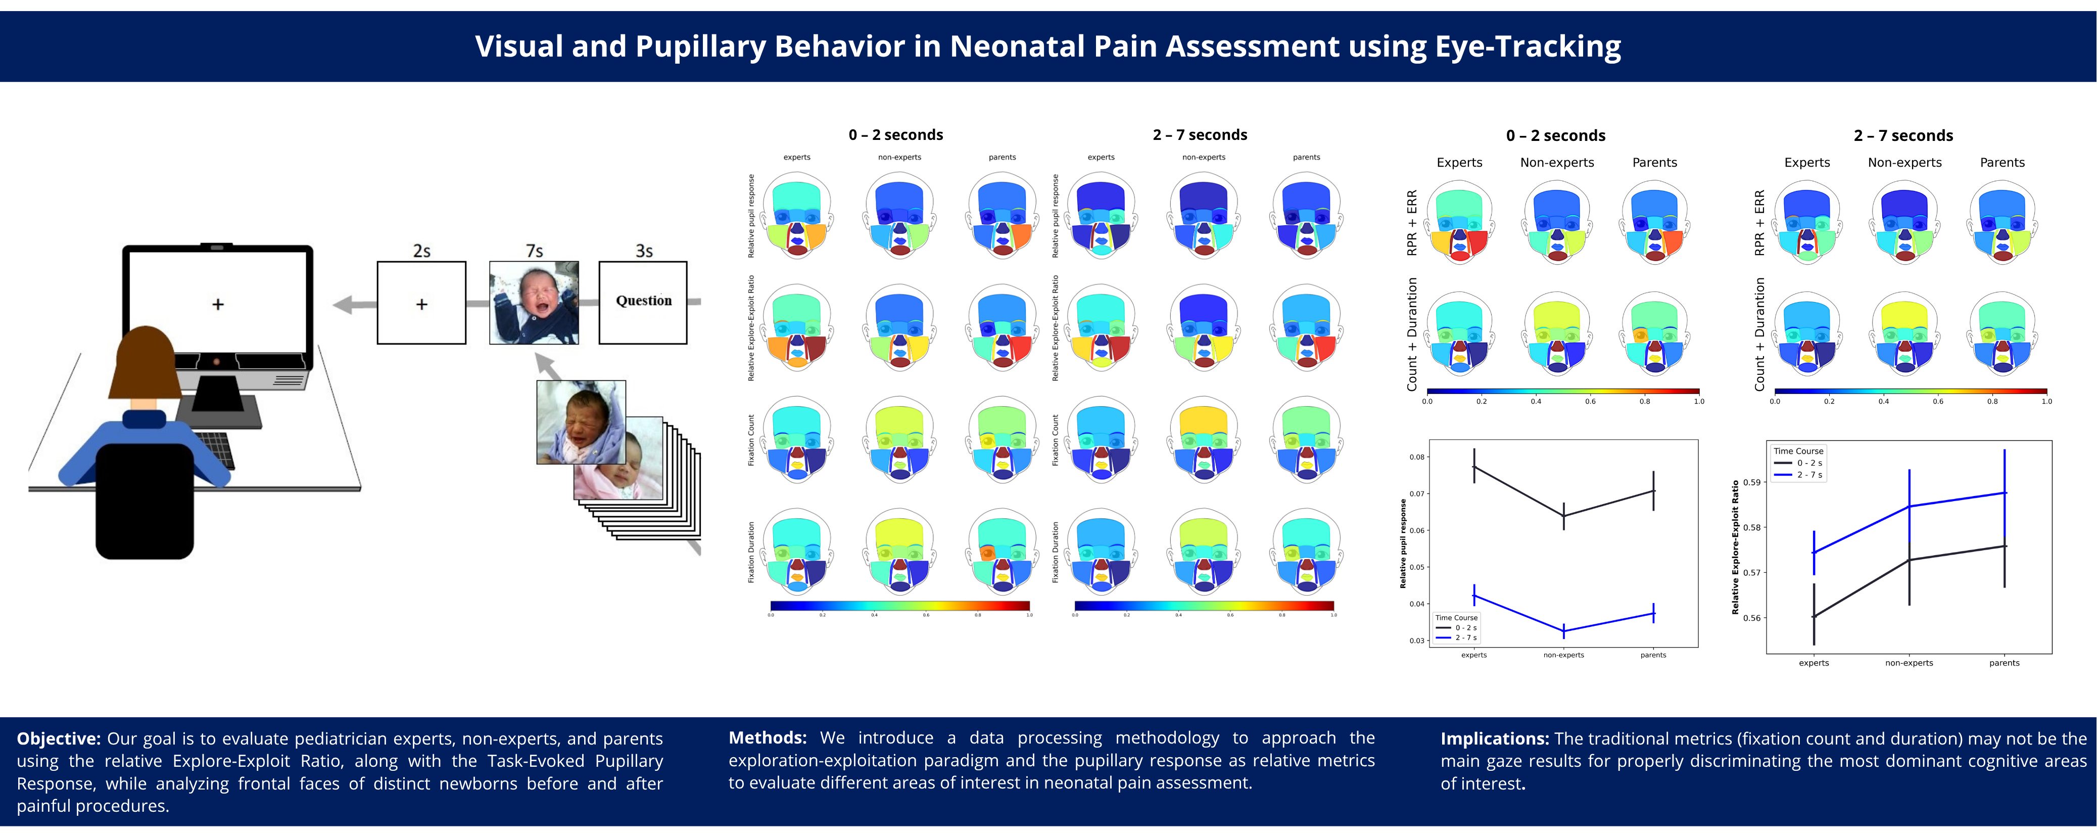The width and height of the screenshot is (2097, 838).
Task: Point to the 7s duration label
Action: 534,251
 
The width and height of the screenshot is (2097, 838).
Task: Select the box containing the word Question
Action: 643,302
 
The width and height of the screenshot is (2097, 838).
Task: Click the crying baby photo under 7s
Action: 534,302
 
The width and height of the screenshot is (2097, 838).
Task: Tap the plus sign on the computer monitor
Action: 217,304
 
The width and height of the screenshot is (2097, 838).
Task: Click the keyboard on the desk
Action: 216,448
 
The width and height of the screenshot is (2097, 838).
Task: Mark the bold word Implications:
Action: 1495,738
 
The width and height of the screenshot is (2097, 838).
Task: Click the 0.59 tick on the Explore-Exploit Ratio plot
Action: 1751,482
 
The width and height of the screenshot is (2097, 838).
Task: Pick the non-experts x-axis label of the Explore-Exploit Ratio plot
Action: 1909,663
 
